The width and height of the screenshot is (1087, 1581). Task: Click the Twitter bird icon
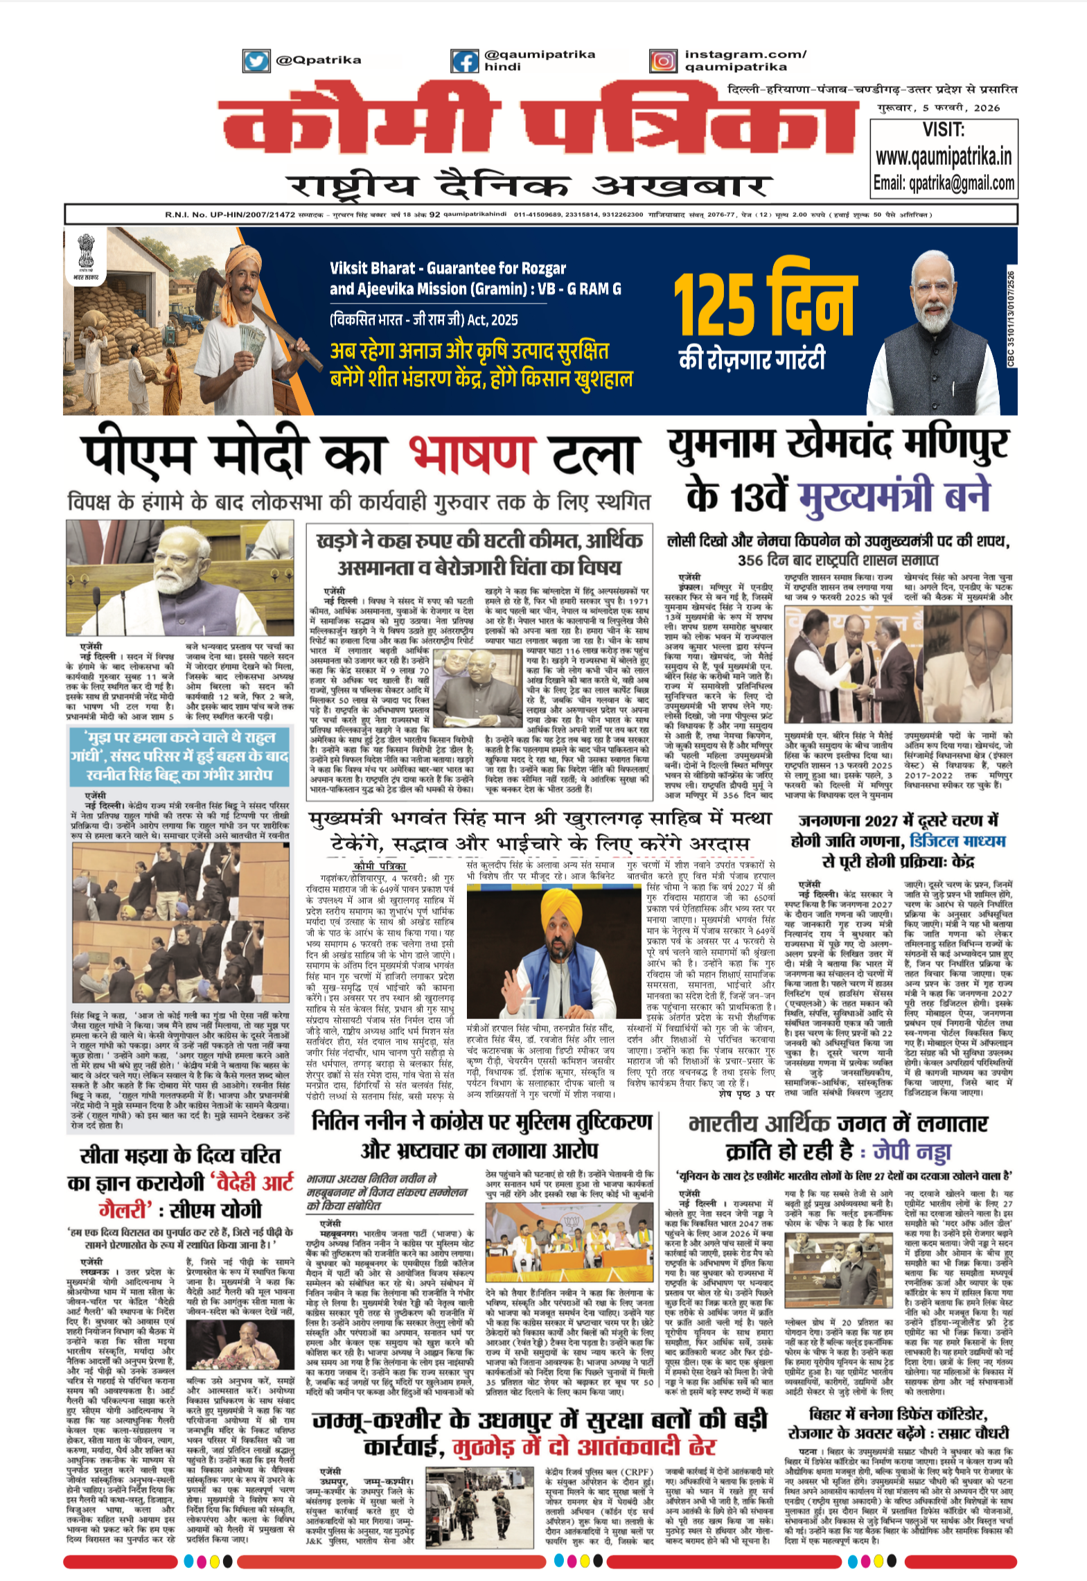pos(256,61)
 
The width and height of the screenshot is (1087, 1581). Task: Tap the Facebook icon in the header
pos(464,61)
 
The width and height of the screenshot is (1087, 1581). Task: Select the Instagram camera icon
pos(663,61)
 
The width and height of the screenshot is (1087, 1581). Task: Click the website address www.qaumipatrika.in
pos(944,157)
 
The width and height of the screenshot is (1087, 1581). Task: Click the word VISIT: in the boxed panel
pos(944,130)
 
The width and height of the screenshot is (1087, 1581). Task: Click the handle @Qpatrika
pos(319,60)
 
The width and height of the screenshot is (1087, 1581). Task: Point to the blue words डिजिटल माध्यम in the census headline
pos(957,841)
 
